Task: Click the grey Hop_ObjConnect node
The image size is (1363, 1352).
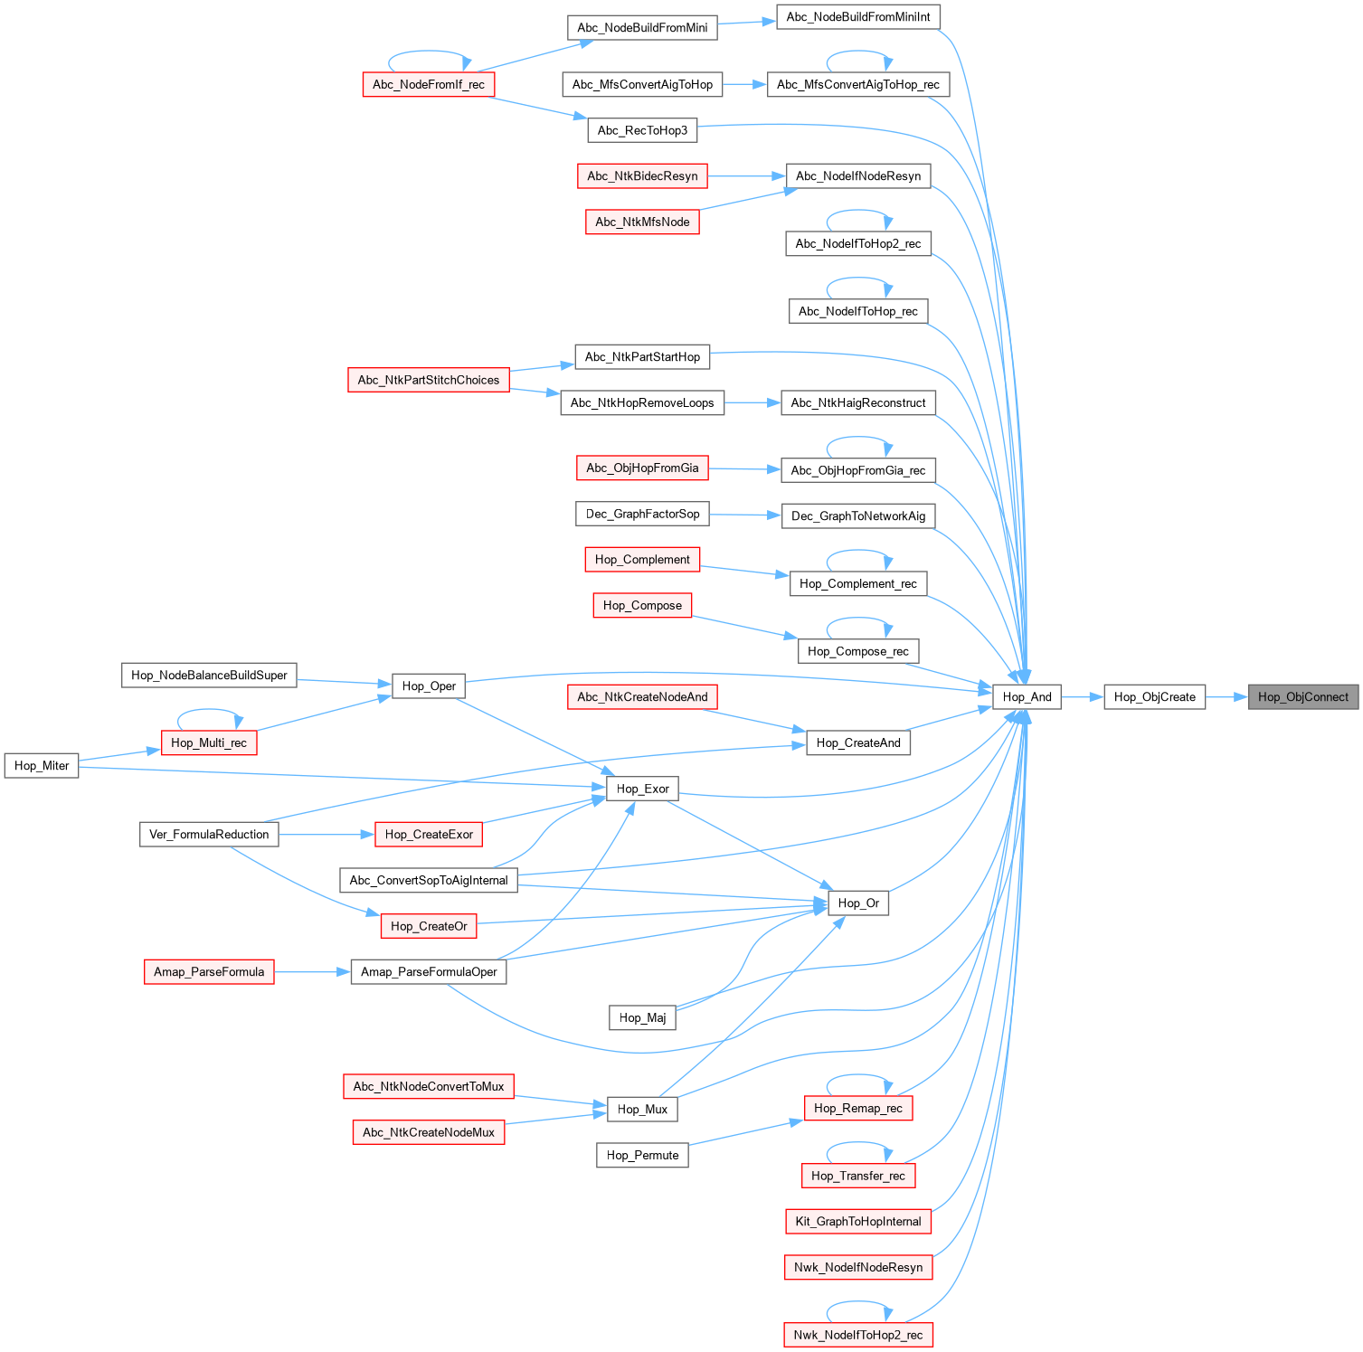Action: (x=1302, y=697)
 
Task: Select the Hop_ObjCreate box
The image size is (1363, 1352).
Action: (x=1154, y=697)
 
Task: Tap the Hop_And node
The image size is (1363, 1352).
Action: (x=1027, y=697)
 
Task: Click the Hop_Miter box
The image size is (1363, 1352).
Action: (x=42, y=766)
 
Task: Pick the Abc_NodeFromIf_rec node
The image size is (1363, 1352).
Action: (x=428, y=85)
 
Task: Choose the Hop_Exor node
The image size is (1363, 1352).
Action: (x=642, y=789)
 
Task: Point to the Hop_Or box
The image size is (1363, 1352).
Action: (x=858, y=903)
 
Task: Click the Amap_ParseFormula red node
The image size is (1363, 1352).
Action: (x=209, y=972)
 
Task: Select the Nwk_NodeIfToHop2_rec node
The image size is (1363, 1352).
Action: (x=857, y=1336)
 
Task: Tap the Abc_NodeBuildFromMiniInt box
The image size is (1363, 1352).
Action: (x=858, y=17)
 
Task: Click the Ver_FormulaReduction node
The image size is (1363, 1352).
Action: (x=209, y=835)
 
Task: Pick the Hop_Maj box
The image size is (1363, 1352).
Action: (x=642, y=1018)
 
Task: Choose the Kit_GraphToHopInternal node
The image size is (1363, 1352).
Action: (x=857, y=1222)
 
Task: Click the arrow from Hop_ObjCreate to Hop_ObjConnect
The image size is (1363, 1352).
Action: (x=1226, y=697)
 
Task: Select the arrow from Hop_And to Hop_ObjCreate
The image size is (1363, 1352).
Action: (x=1082, y=697)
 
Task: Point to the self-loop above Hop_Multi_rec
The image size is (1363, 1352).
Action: (x=209, y=711)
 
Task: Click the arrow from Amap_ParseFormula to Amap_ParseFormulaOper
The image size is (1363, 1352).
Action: (x=312, y=972)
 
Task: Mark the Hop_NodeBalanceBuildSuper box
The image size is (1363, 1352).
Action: (x=209, y=676)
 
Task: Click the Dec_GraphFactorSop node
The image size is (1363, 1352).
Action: (x=642, y=515)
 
